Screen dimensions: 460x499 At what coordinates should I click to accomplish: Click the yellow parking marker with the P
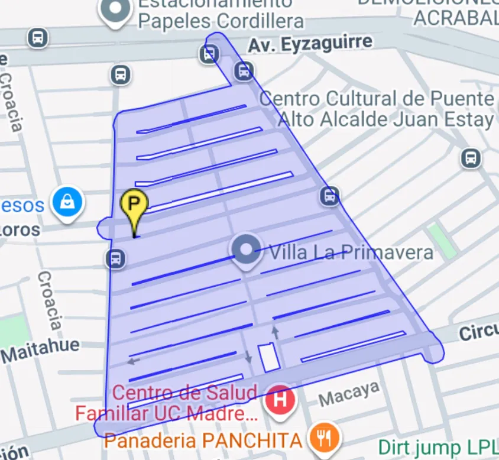pyautogui.click(x=135, y=205)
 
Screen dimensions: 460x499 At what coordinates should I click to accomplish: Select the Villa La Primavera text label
pyautogui.click(x=351, y=252)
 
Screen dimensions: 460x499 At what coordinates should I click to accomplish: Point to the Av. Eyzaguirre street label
pyautogui.click(x=310, y=43)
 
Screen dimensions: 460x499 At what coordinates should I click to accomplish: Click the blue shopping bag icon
pyautogui.click(x=68, y=203)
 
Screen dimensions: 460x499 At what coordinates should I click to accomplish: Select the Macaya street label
pyautogui.click(x=349, y=394)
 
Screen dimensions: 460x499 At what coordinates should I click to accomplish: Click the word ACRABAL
pyautogui.click(x=455, y=18)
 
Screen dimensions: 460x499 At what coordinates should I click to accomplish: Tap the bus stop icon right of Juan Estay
pyautogui.click(x=471, y=158)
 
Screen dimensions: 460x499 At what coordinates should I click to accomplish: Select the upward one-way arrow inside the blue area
pyautogui.click(x=275, y=332)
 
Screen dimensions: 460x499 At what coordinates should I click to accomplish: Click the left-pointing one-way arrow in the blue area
pyautogui.click(x=134, y=360)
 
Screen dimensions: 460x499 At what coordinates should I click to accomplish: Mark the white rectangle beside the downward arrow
pyautogui.click(x=268, y=357)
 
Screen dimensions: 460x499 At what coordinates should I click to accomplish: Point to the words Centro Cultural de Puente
pyautogui.click(x=377, y=98)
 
